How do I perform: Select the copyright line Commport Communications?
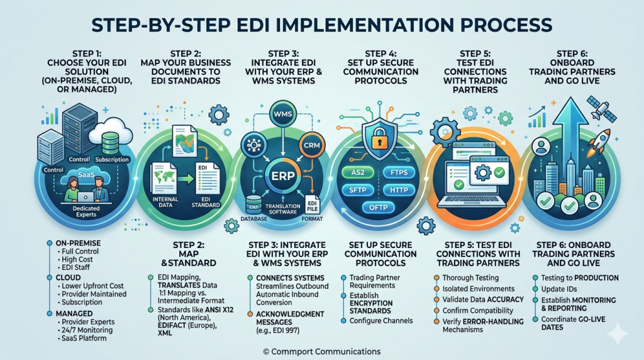321,351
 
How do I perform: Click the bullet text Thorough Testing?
470,278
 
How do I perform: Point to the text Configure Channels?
381,320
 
